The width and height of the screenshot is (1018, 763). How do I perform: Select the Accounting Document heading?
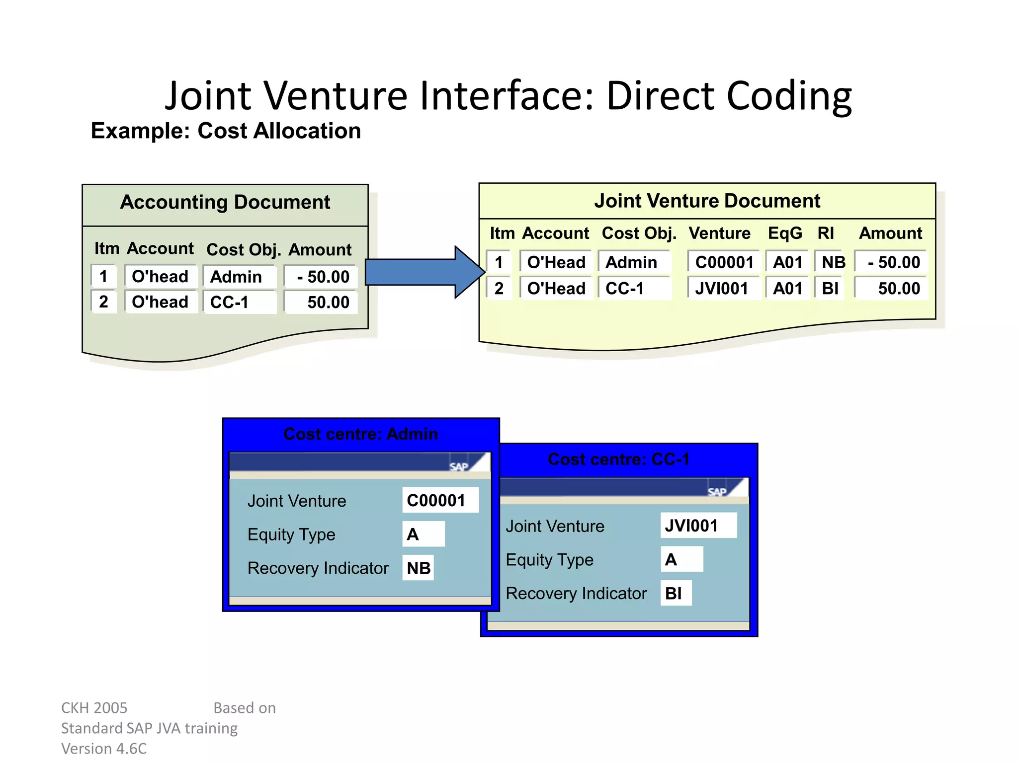click(x=225, y=203)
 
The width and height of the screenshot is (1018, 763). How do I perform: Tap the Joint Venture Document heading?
click(x=707, y=201)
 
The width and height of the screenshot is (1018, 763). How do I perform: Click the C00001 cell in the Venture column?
click(x=724, y=262)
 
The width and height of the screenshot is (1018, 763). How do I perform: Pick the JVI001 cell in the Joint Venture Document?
click(x=722, y=288)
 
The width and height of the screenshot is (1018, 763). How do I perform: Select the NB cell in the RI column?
click(x=833, y=262)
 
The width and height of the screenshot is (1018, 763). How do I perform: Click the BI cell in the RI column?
click(x=830, y=288)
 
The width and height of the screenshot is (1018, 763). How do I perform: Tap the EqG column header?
click(x=785, y=233)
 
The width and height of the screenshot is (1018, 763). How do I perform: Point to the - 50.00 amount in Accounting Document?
click(x=323, y=277)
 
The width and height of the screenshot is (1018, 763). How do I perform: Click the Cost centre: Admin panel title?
click(x=361, y=434)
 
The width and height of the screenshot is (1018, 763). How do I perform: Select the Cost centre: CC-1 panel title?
click(x=618, y=459)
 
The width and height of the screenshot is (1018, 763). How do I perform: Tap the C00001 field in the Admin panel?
click(x=439, y=500)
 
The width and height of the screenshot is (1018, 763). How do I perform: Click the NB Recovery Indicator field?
click(x=419, y=568)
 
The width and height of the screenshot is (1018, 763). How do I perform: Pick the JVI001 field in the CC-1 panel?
click(x=697, y=526)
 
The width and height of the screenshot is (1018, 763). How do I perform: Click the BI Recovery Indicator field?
click(x=675, y=593)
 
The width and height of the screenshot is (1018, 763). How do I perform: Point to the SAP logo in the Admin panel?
click(x=459, y=466)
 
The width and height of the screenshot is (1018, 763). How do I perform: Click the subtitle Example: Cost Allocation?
click(x=226, y=131)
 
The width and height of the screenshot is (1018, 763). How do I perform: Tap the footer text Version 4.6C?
click(x=104, y=748)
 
